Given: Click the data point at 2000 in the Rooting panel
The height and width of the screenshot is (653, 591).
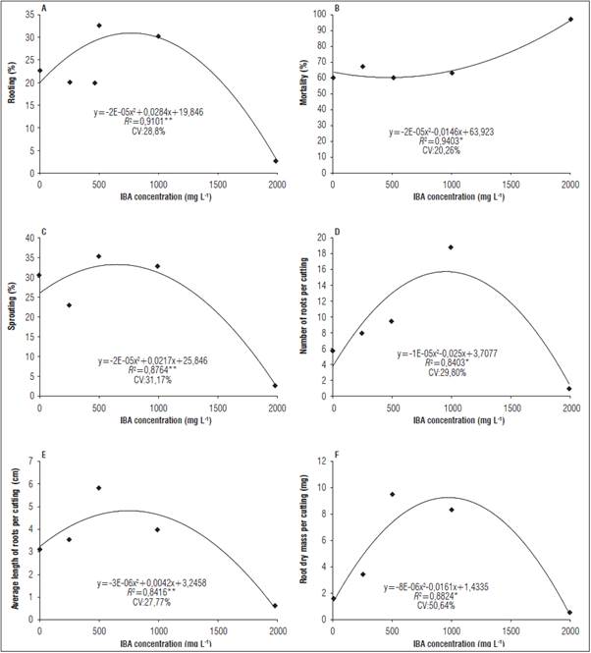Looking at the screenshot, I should [x=276, y=161].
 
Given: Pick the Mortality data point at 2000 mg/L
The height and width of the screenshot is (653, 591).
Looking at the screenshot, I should [x=570, y=20].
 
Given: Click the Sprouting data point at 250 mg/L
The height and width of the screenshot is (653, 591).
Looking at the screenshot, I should [x=69, y=305].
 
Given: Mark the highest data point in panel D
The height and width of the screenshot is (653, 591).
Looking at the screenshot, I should [x=452, y=247].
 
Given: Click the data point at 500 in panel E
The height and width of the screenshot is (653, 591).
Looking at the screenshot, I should [x=99, y=488].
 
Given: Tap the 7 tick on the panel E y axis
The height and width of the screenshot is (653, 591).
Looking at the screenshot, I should [x=29, y=460].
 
